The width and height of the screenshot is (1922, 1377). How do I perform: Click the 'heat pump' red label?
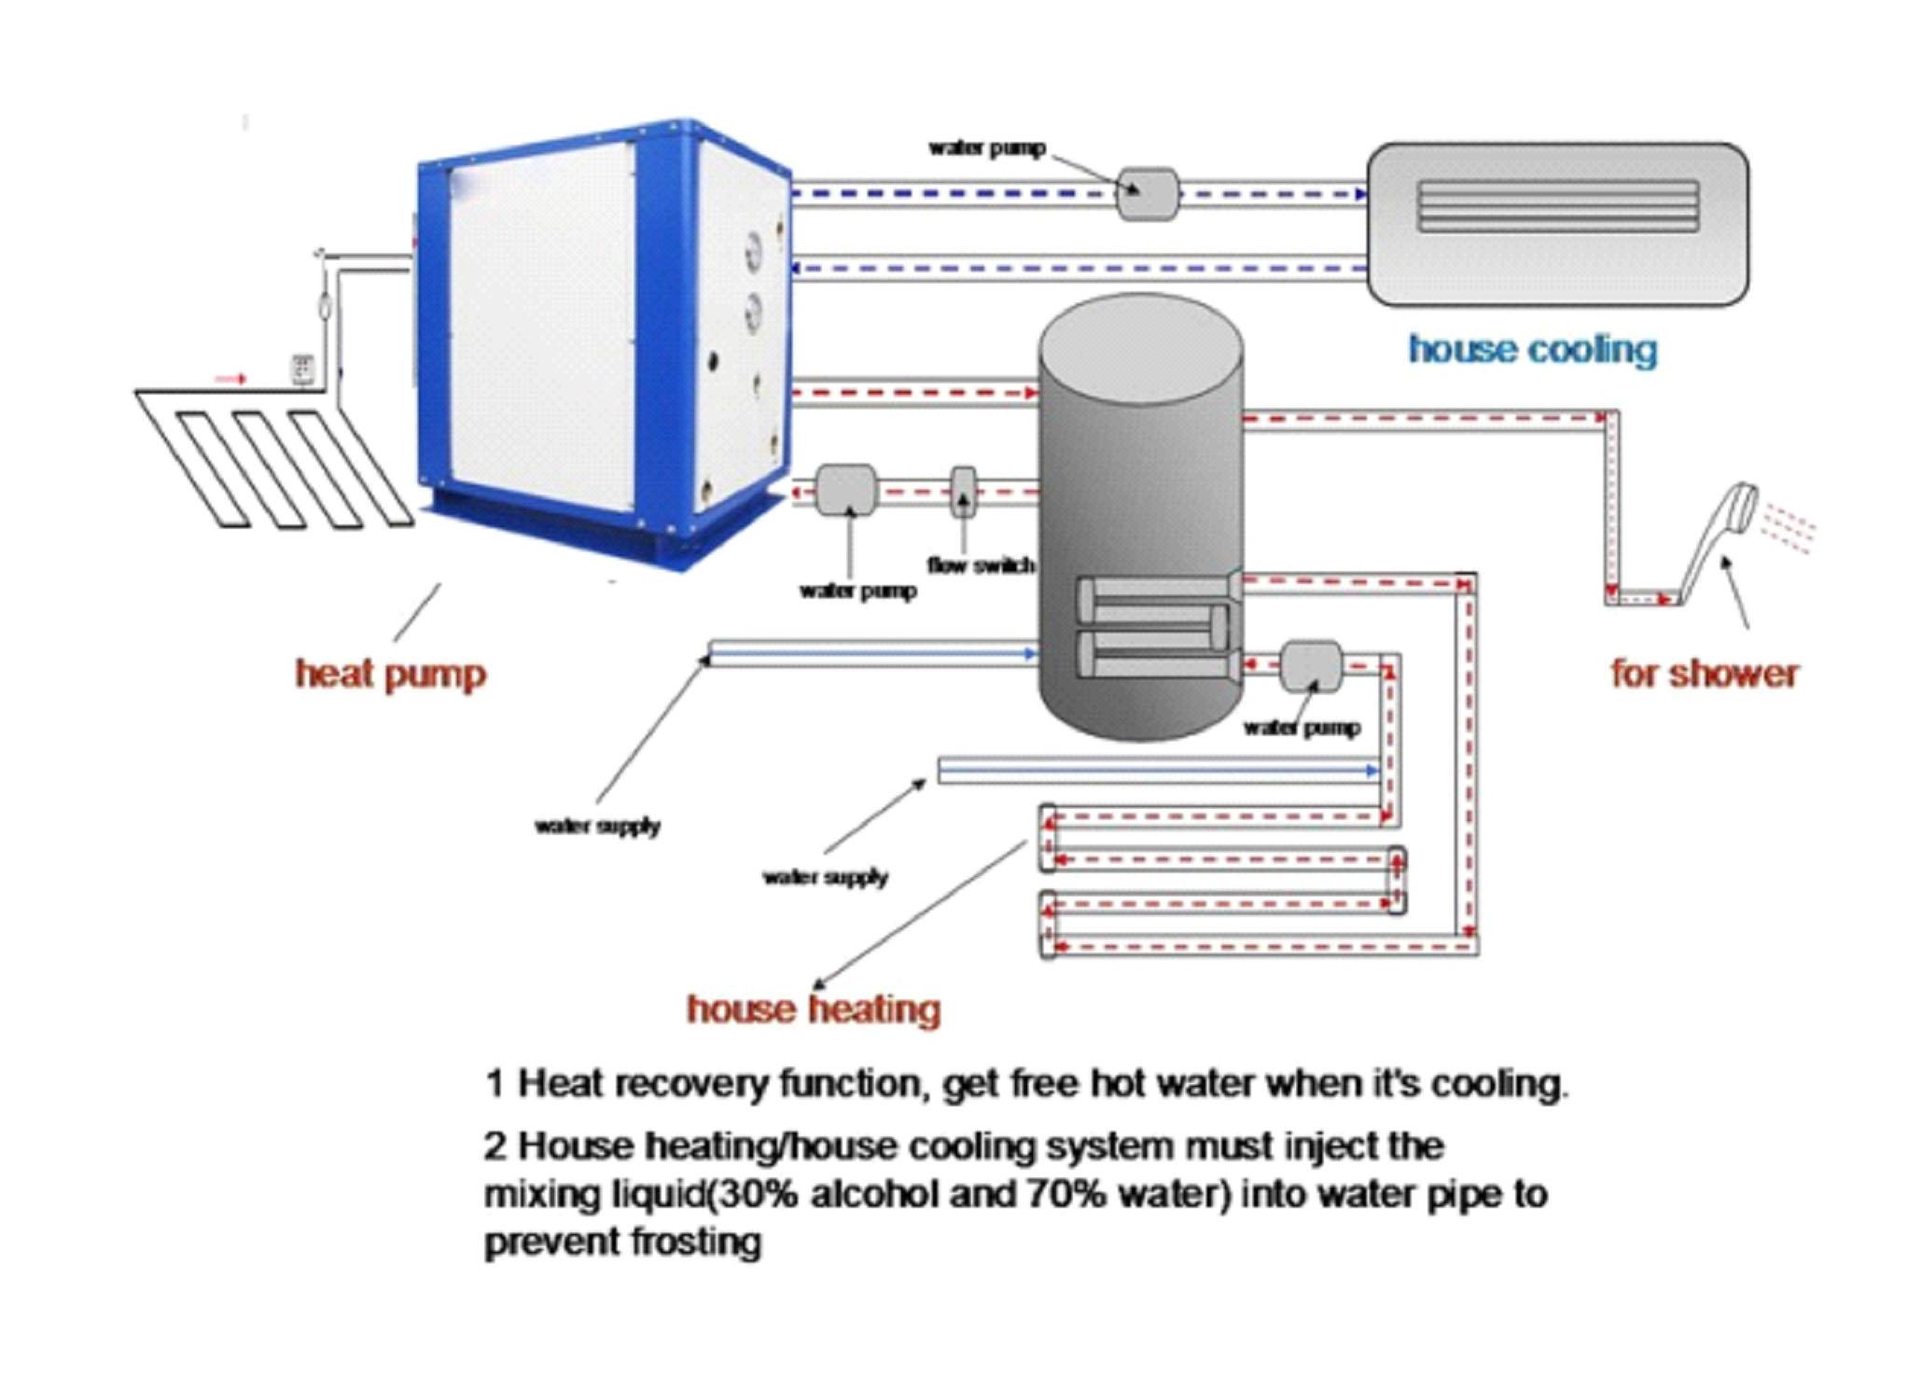[x=391, y=674]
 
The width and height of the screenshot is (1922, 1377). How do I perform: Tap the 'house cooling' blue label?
[x=1533, y=350]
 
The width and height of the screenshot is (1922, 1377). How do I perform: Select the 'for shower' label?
[x=1705, y=674]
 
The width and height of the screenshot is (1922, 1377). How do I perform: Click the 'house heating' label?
[x=814, y=1009]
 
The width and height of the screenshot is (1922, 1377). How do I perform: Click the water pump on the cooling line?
[x=1148, y=194]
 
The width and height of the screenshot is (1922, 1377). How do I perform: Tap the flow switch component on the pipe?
[x=963, y=492]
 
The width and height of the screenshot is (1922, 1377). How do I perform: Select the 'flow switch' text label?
[x=981, y=565]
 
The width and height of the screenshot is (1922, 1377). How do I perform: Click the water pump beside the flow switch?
[x=846, y=491]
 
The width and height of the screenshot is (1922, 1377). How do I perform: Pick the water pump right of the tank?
[x=1311, y=666]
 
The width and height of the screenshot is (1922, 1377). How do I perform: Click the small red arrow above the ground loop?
[x=230, y=379]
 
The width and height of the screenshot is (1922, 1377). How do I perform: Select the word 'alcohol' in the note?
[x=873, y=1195]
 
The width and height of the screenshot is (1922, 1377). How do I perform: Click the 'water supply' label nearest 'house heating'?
[x=826, y=877]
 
